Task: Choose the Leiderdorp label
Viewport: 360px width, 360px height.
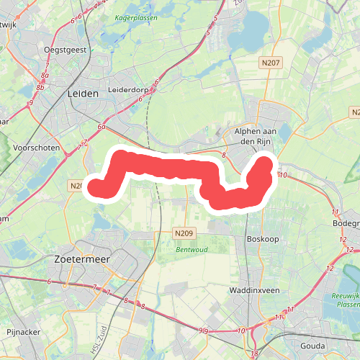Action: [127, 90]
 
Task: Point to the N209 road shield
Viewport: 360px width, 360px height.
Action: [184, 233]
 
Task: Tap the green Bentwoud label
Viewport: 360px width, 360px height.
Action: [192, 250]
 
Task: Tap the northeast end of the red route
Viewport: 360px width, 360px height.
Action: [265, 165]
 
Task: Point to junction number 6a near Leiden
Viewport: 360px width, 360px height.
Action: [103, 127]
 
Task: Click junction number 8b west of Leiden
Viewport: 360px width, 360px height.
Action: [41, 88]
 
